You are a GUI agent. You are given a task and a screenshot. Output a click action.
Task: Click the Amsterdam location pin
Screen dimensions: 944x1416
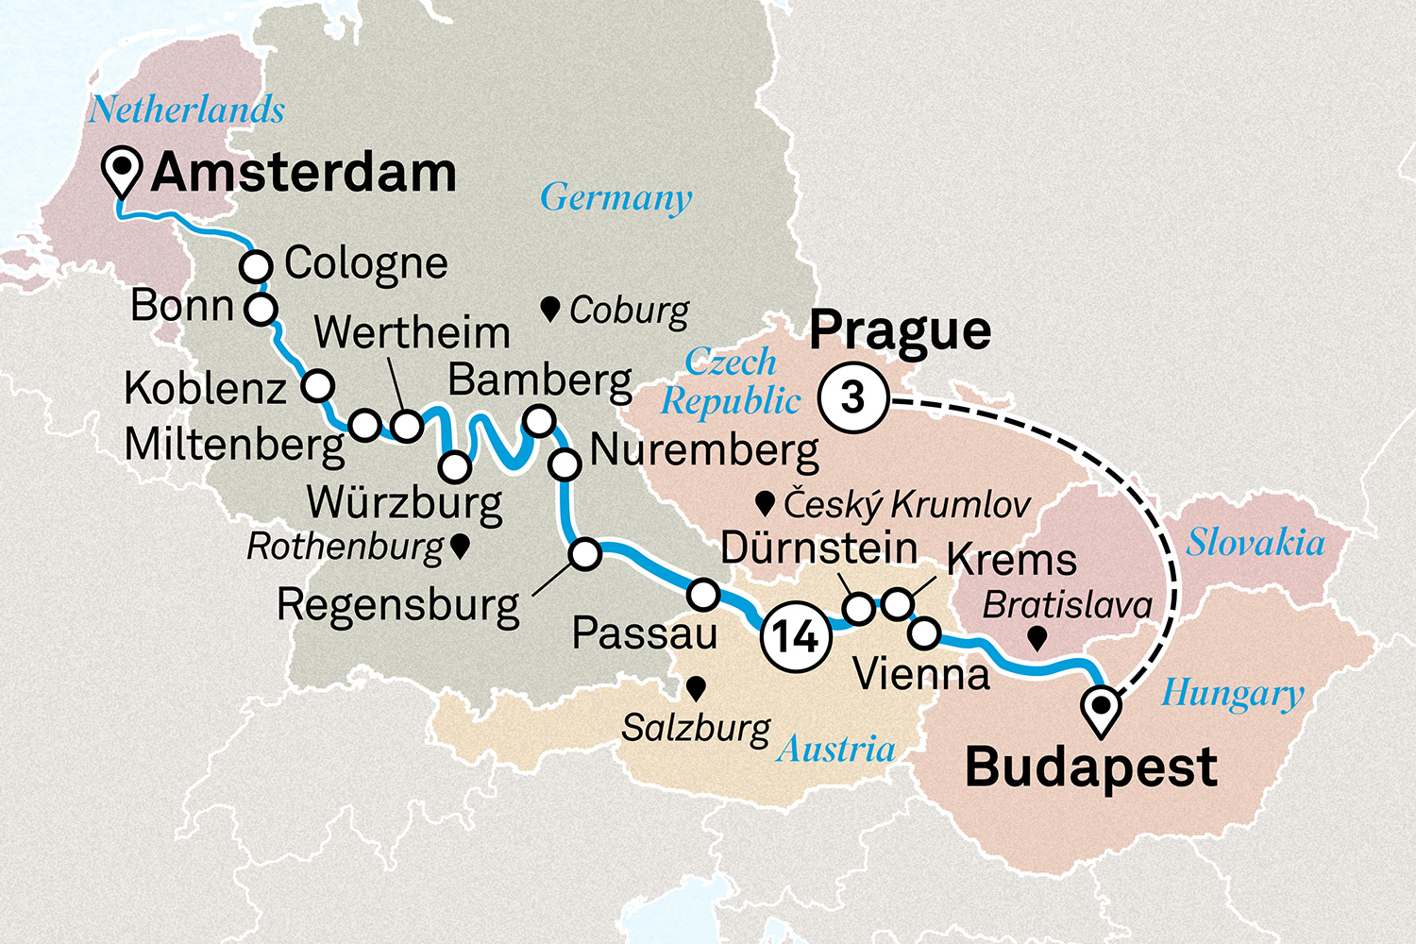[123, 171]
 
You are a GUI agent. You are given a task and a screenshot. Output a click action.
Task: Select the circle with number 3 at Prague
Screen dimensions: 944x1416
[853, 398]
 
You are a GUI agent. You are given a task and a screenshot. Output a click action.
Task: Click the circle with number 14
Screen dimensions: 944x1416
[796, 636]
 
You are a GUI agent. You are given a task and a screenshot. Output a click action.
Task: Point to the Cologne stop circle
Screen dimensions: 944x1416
[256, 266]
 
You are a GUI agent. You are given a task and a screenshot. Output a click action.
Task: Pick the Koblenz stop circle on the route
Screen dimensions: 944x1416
[318, 385]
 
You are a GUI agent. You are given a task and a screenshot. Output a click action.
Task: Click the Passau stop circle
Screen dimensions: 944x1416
[703, 594]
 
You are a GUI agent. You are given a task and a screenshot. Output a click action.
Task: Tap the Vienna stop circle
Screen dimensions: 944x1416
[924, 632]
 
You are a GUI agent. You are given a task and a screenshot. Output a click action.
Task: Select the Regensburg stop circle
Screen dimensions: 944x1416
[585, 554]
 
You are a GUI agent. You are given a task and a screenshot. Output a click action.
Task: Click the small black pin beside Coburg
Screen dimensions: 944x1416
[550, 308]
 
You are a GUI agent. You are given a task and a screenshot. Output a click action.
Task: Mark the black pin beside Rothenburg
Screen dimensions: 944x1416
[460, 547]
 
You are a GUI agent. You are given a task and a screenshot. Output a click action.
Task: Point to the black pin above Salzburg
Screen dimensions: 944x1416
[697, 689]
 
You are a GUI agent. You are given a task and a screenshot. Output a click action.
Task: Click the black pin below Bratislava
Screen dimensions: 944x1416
[1037, 639]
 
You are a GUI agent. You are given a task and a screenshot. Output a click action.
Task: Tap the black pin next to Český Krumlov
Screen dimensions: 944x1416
[766, 503]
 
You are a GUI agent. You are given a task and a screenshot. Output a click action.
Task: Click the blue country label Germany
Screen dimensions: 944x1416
[615, 198]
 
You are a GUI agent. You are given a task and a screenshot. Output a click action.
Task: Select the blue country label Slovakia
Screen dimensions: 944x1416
[1255, 543]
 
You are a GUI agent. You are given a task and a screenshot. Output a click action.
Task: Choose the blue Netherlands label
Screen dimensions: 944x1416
[187, 110]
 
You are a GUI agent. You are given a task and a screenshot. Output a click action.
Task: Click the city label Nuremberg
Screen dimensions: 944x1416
[704, 451]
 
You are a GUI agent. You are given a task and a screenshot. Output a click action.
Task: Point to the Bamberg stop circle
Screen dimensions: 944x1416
[539, 420]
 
